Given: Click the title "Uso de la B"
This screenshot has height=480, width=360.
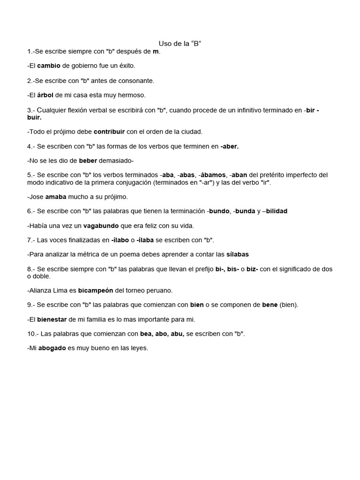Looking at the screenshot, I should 180,44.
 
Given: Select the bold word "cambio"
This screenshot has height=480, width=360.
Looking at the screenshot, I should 49,66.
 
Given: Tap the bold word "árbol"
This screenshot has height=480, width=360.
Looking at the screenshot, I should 45,95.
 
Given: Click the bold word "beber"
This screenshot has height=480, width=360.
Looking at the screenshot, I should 88,161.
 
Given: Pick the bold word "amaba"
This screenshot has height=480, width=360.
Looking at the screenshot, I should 56,197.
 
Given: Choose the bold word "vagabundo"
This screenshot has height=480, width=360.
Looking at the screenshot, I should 101,226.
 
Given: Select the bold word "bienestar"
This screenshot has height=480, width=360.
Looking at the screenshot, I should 52,320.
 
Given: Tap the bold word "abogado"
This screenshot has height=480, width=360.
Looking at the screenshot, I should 52,348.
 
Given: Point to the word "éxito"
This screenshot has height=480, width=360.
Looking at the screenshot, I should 126,66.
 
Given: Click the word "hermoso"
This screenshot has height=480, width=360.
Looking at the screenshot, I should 133,95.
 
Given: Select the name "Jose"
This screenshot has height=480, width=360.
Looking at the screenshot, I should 36,197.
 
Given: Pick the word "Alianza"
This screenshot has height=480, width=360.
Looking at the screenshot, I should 40,291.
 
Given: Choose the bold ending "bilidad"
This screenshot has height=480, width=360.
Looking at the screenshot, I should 277,211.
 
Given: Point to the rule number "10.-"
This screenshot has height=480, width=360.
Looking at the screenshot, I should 33,334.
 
